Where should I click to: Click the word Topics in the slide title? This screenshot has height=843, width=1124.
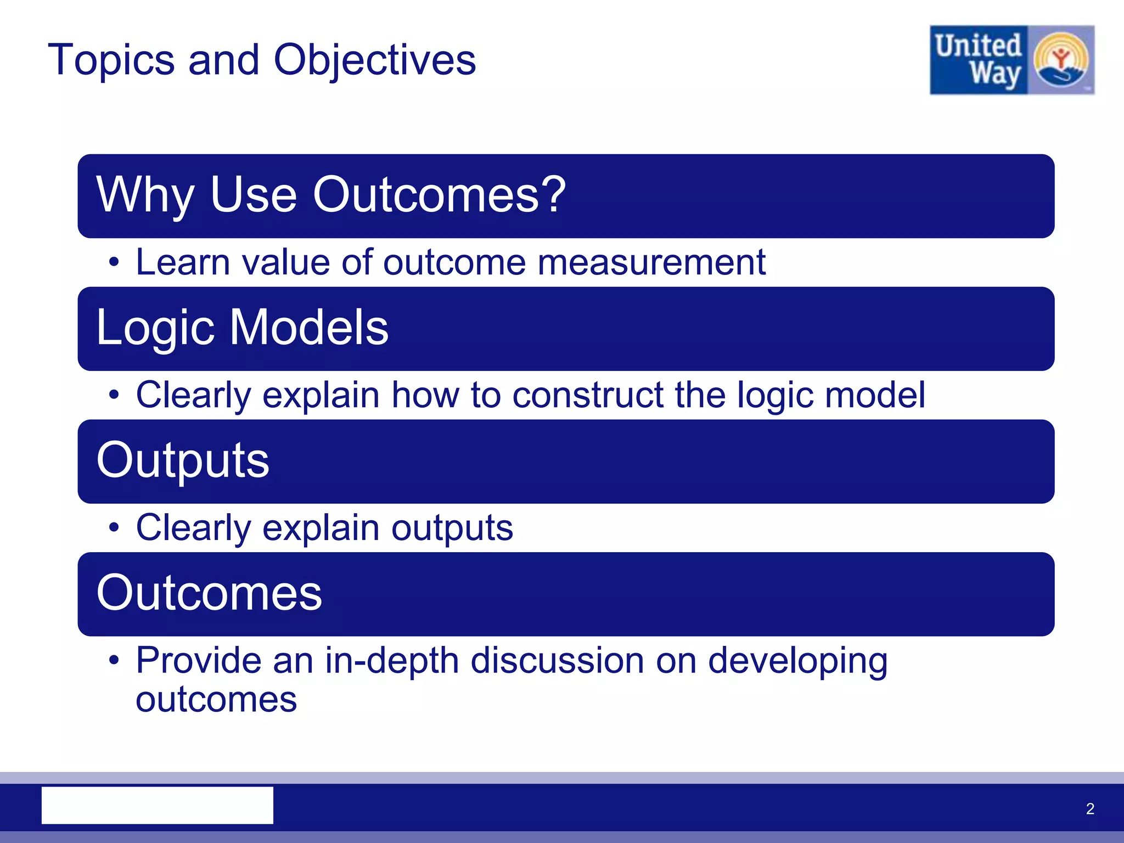(111, 60)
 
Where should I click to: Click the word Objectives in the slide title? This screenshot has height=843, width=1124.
(375, 60)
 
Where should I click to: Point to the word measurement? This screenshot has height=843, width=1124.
(651, 262)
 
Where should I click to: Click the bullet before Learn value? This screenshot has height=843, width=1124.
(114, 262)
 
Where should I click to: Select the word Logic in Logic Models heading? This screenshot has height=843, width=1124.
(155, 328)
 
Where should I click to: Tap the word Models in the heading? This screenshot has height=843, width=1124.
(309, 327)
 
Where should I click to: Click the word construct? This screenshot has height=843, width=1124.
(587, 395)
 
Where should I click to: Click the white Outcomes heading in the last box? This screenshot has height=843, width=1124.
(209, 593)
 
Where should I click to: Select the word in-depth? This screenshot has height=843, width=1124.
(391, 661)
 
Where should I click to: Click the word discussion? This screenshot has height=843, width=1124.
(557, 661)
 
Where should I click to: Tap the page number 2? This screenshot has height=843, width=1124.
(1090, 808)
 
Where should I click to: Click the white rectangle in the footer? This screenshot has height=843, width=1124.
(158, 805)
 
